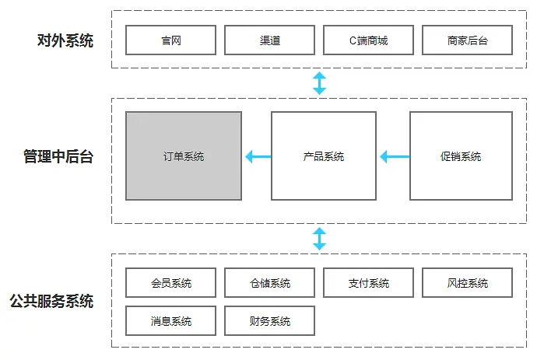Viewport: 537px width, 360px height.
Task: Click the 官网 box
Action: tap(170, 40)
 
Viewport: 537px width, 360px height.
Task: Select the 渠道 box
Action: tap(269, 40)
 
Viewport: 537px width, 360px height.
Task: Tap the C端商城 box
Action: tap(368, 40)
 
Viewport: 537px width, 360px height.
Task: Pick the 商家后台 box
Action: tap(468, 40)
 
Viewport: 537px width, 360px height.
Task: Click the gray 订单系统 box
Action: tap(184, 156)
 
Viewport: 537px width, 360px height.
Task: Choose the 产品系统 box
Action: tap(323, 156)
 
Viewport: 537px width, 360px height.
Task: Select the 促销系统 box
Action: tap(461, 156)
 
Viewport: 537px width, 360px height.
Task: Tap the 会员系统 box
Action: tap(170, 283)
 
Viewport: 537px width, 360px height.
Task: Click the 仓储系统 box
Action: tap(269, 283)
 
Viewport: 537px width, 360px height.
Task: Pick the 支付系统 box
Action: tap(368, 283)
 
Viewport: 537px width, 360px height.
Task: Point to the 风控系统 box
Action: tap(468, 283)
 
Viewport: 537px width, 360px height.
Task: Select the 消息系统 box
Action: tap(170, 320)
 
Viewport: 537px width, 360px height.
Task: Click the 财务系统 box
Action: tap(269, 320)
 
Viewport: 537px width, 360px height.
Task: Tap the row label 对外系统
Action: tap(65, 40)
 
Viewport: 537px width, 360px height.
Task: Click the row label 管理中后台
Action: tap(58, 157)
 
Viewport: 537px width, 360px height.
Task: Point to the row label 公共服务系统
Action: tap(52, 301)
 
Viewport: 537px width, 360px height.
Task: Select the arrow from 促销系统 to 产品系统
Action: tap(394, 157)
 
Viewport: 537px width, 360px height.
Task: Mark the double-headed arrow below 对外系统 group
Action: tap(319, 83)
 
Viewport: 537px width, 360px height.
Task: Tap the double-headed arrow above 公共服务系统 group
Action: tap(319, 239)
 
